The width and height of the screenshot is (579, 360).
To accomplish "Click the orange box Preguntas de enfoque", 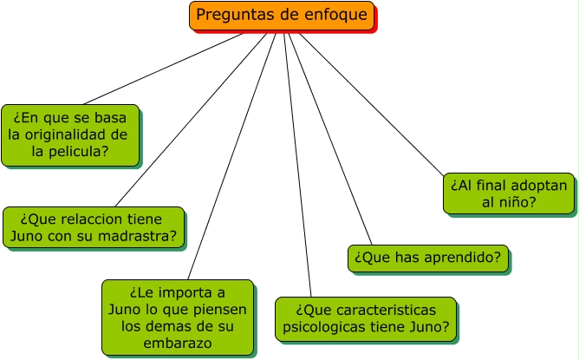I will [283, 16].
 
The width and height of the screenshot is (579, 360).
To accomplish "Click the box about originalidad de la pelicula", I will [69, 134].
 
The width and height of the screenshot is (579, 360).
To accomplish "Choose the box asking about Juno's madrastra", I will [94, 227].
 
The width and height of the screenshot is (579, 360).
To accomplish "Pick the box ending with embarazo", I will [177, 317].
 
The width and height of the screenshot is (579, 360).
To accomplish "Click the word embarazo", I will [178, 344].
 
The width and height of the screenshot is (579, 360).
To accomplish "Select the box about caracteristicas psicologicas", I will [365, 318].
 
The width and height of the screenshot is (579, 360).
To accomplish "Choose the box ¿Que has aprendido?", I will [427, 258].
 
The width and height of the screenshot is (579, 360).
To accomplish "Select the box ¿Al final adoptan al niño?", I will [509, 193].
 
